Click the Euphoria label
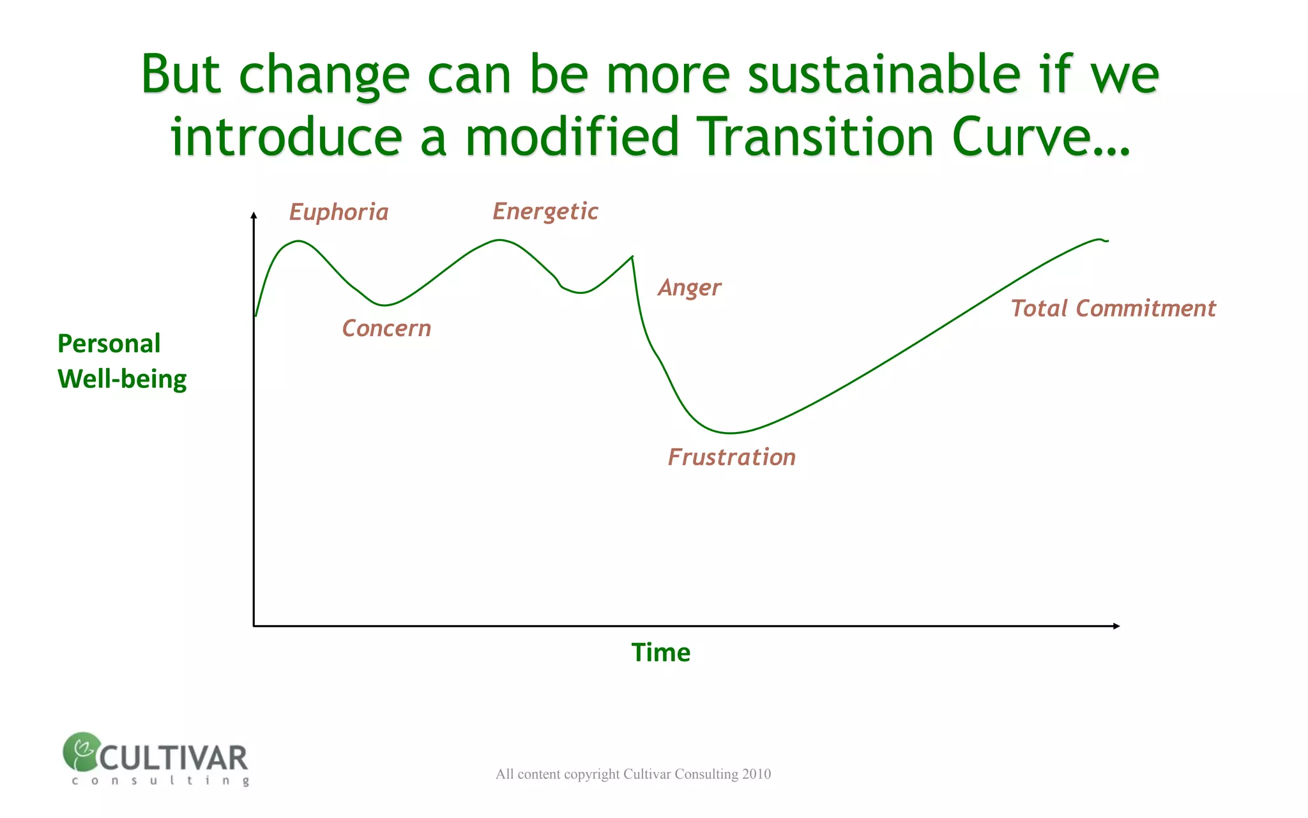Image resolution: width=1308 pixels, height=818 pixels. pyautogui.click(x=338, y=212)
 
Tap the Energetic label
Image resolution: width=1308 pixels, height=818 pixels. pyautogui.click(x=545, y=212)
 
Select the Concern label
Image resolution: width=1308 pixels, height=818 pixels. pyautogui.click(x=386, y=328)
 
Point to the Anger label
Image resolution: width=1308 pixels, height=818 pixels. pyautogui.click(x=689, y=288)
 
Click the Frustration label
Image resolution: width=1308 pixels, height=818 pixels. pyautogui.click(x=731, y=458)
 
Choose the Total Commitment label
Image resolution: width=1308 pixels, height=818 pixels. pyautogui.click(x=1113, y=309)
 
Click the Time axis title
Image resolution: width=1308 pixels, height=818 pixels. pyautogui.click(x=660, y=652)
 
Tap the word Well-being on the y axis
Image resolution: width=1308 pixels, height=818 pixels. pyautogui.click(x=122, y=379)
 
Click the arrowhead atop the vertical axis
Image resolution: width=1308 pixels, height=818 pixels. pyautogui.click(x=254, y=216)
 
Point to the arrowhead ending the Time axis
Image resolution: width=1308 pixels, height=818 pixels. pyautogui.click(x=1116, y=626)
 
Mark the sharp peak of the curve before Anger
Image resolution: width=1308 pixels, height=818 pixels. pyautogui.click(x=632, y=257)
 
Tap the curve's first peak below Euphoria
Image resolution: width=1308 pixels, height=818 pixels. pyautogui.click(x=298, y=241)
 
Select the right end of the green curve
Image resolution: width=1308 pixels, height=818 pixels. pyautogui.click(x=1107, y=241)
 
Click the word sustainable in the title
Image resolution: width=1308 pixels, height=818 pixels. pyautogui.click(x=884, y=75)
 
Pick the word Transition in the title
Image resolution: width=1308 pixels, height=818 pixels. pyautogui.click(x=815, y=137)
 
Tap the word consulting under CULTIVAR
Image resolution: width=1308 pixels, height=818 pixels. pyautogui.click(x=160, y=780)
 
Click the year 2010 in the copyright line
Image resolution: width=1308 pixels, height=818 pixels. pyautogui.click(x=756, y=774)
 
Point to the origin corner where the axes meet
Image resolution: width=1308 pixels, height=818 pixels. pyautogui.click(x=254, y=626)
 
